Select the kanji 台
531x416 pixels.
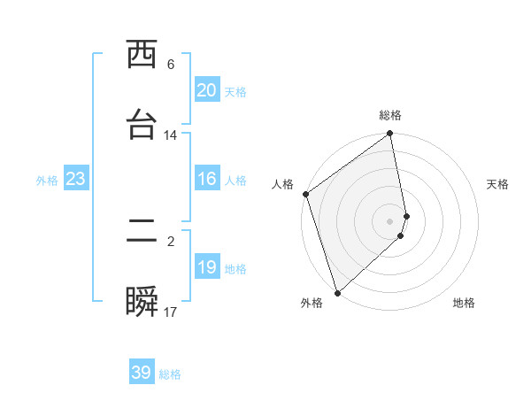[x=142, y=125]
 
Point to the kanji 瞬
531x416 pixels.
[x=142, y=302]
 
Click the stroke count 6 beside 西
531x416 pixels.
[x=171, y=65]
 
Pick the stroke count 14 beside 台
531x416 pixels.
[x=171, y=135]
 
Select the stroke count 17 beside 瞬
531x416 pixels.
[x=171, y=312]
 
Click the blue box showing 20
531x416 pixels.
[x=207, y=90]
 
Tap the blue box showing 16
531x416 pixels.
[x=207, y=179]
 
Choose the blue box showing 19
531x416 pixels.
[x=207, y=267]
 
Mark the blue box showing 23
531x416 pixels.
[x=76, y=179]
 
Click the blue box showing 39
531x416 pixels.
[x=142, y=373]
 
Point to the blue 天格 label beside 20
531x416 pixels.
[x=235, y=92]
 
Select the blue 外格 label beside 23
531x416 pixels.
[x=47, y=181]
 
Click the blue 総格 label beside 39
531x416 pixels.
[x=170, y=374]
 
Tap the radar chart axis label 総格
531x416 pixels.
[x=390, y=115]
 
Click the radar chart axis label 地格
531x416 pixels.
[x=464, y=304]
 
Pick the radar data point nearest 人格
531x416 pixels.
[x=305, y=194]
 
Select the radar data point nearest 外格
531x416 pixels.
[x=337, y=292]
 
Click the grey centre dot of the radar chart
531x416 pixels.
[x=390, y=220]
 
